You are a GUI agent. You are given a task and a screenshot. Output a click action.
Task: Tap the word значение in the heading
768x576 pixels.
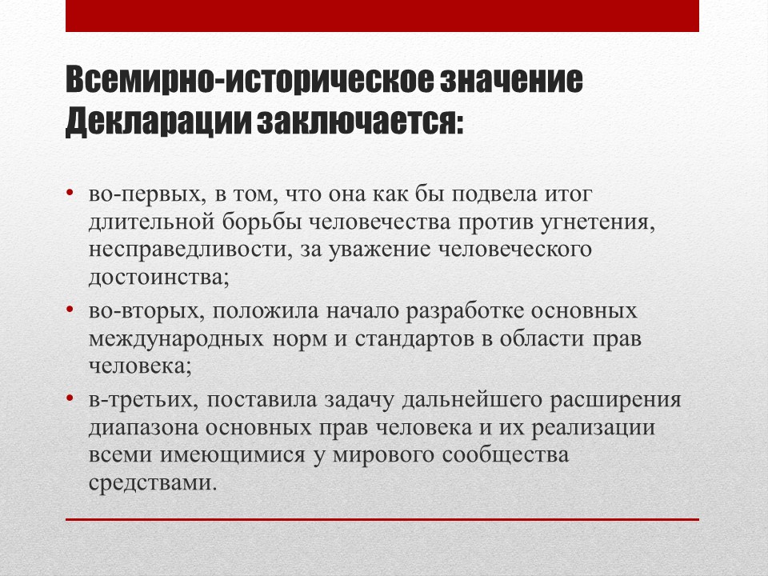(511, 79)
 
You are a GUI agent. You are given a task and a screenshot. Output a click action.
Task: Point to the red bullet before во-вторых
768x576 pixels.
(70, 309)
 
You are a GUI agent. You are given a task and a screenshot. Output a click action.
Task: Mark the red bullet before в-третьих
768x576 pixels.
(70, 398)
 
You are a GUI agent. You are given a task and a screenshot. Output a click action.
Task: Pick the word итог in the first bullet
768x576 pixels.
(569, 195)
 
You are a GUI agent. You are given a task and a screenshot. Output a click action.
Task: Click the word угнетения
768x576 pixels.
(598, 223)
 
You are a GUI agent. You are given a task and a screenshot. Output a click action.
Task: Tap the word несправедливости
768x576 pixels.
(187, 250)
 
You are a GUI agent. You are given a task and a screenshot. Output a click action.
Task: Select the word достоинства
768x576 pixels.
(158, 278)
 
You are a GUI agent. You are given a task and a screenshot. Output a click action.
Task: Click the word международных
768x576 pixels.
(176, 339)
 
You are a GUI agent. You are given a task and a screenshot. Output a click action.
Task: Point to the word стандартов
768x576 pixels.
(414, 339)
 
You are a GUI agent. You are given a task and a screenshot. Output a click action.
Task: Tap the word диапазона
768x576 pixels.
(143, 428)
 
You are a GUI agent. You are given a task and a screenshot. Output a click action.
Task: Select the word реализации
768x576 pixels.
(594, 428)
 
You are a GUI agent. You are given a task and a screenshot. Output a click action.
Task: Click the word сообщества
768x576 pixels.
(506, 455)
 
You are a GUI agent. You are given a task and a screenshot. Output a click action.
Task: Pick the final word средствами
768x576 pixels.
(152, 483)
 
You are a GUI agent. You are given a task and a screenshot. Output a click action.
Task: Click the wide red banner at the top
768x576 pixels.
(382, 16)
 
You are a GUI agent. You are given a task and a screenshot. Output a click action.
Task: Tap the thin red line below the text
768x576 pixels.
(382, 519)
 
